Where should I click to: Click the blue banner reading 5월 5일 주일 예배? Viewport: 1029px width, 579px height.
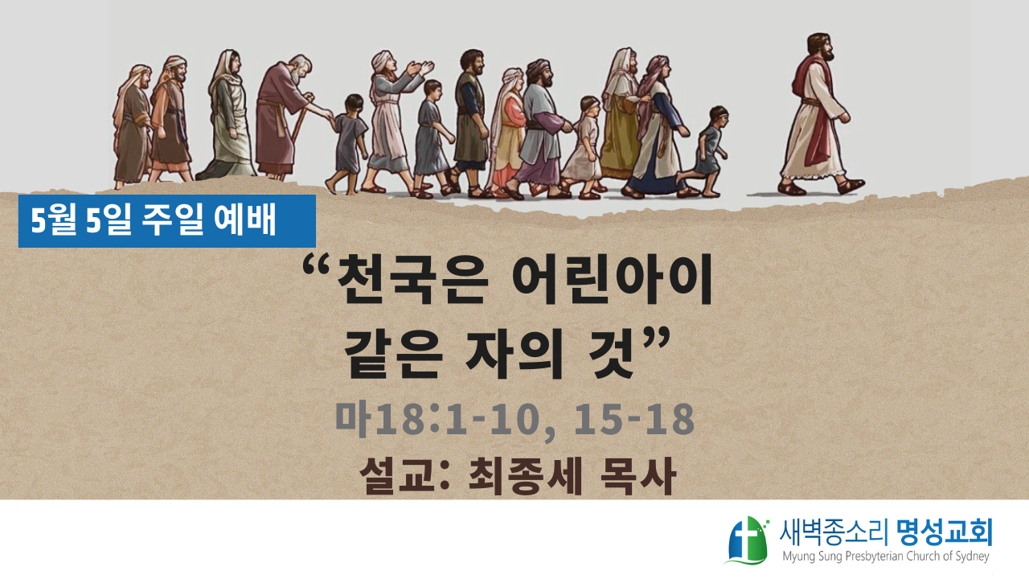166,221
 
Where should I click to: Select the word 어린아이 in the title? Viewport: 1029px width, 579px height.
612,280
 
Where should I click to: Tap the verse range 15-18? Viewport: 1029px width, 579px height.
634,419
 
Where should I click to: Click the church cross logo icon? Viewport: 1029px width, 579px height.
748,540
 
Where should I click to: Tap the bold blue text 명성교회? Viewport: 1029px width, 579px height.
945,533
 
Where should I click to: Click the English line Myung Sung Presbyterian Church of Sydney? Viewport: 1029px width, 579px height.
886,556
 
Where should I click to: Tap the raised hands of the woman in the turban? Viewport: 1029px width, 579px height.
420,68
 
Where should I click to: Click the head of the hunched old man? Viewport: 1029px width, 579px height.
299,68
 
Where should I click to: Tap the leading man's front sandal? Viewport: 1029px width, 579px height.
851,186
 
